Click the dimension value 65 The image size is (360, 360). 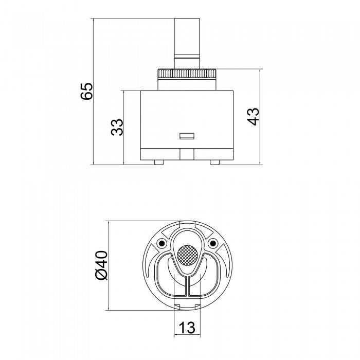(x=87, y=91)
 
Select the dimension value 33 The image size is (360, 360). (x=117, y=127)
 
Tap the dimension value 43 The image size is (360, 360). (x=253, y=116)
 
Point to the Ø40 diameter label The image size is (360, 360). (x=101, y=265)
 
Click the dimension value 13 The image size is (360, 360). (x=187, y=328)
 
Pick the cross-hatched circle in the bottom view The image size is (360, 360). (x=187, y=256)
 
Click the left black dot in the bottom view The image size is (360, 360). (x=162, y=243)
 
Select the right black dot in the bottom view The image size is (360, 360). (x=213, y=243)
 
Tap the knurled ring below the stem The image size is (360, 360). (x=187, y=74)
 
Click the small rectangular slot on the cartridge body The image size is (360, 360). (x=187, y=136)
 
